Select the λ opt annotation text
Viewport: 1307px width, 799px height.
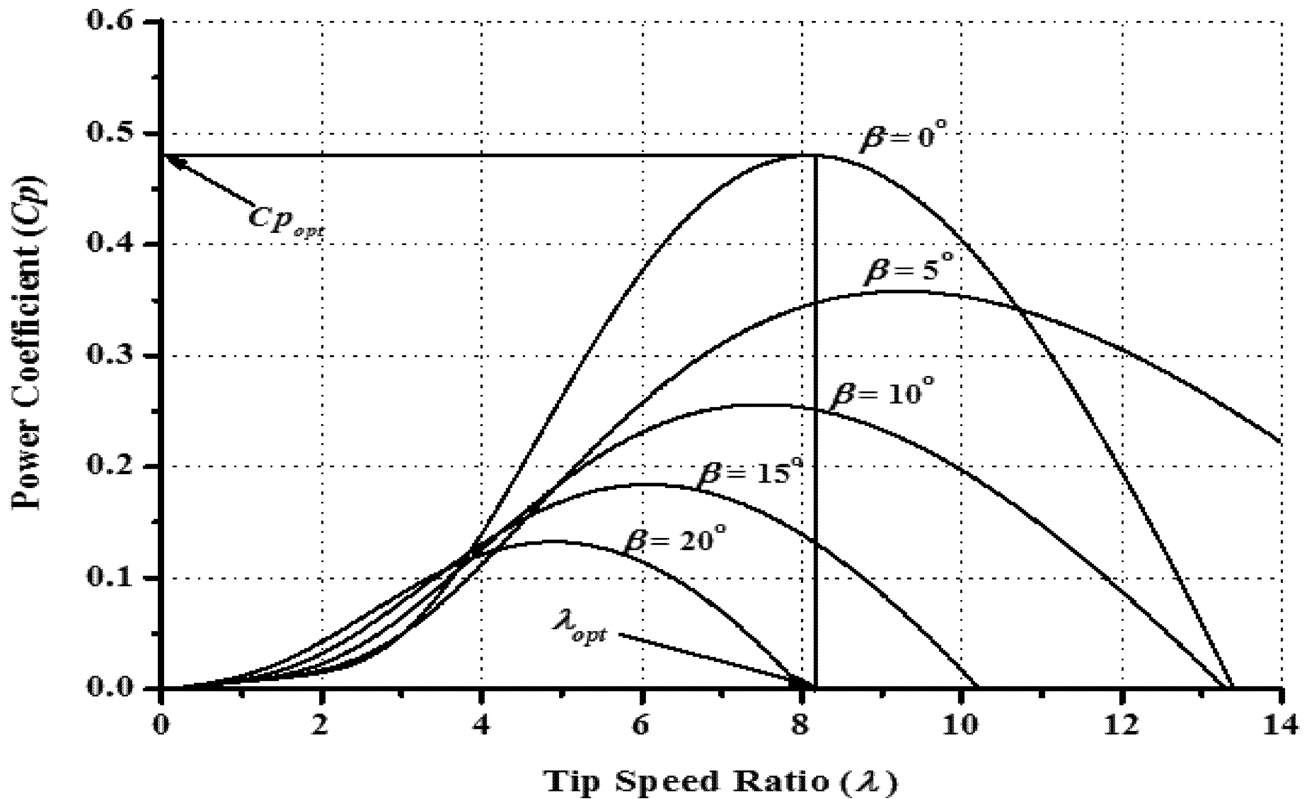click(579, 634)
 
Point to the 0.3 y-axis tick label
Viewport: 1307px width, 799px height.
click(115, 356)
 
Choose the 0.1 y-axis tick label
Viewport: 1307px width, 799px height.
click(115, 578)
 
